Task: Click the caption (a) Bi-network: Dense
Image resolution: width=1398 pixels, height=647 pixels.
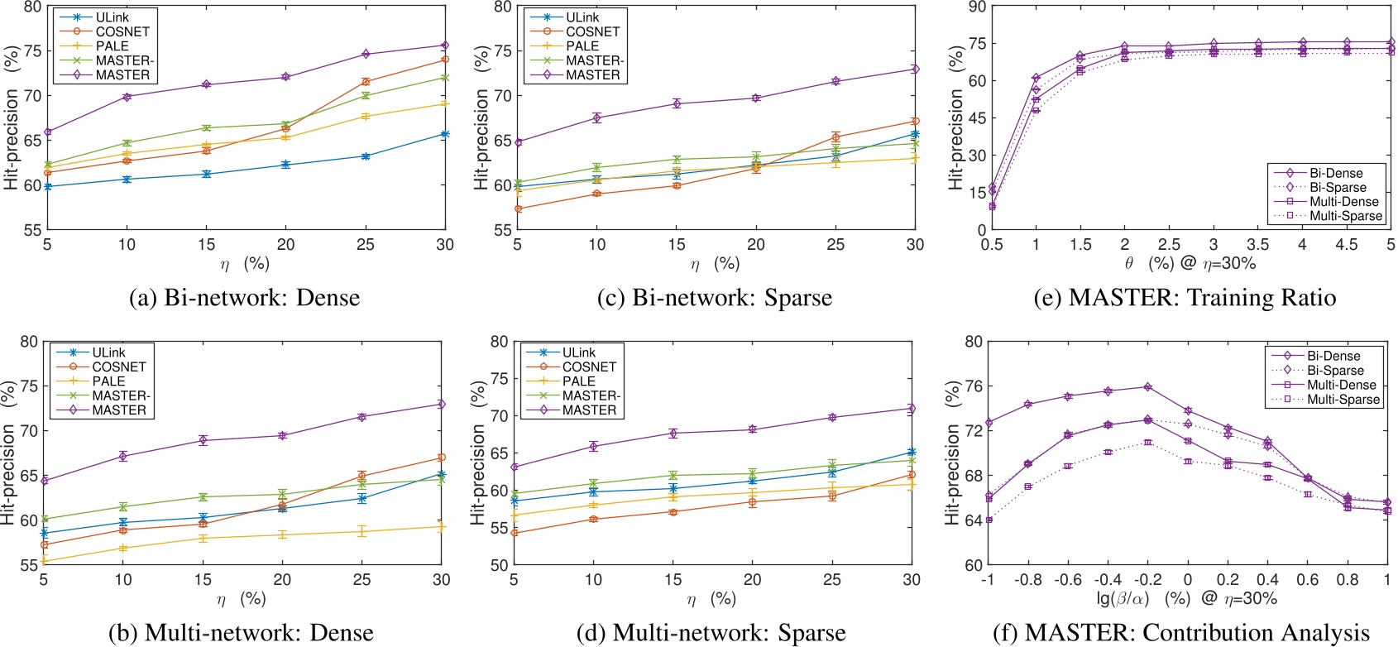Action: (245, 298)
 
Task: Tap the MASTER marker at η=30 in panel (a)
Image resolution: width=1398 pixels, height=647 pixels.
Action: (445, 46)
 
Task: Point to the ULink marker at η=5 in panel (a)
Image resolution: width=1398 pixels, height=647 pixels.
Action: (47, 187)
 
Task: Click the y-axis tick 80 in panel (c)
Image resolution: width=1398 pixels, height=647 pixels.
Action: (502, 7)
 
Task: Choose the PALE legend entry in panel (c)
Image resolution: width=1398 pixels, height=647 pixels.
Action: (582, 46)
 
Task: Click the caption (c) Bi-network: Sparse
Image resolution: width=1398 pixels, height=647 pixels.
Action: (715, 298)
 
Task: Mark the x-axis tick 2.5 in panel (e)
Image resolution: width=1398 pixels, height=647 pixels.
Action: (1169, 245)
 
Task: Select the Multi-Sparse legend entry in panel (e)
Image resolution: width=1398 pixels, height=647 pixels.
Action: (1345, 216)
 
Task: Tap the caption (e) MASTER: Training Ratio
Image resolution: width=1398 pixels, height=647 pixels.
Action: (1185, 298)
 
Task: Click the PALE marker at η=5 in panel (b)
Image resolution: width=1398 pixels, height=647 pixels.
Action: (44, 562)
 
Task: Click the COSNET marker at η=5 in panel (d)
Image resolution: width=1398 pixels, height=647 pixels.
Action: (515, 533)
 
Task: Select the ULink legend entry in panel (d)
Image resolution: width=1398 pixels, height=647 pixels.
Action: (578, 352)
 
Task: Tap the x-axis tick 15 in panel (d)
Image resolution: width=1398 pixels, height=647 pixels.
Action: (673, 580)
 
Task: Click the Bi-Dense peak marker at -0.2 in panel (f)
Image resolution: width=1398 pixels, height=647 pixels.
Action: (1147, 387)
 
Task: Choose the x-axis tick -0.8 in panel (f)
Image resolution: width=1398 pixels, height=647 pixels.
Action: (1027, 580)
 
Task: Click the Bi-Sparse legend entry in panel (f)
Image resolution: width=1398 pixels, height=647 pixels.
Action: (1335, 371)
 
